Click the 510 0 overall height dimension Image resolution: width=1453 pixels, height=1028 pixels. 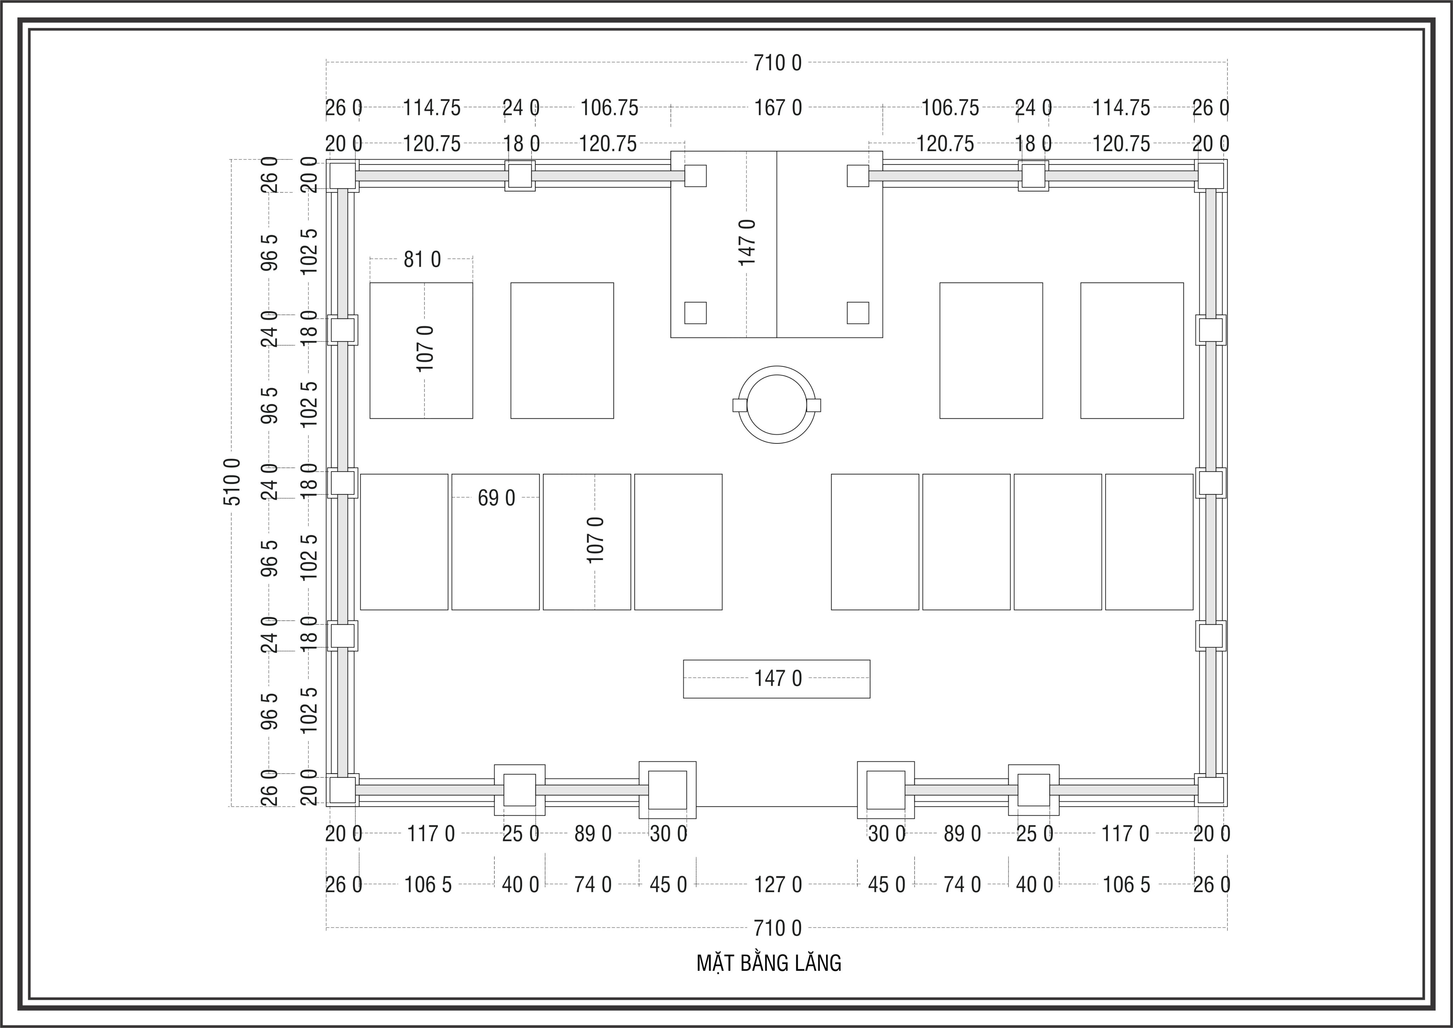[232, 482]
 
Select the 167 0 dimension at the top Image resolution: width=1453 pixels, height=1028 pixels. [778, 107]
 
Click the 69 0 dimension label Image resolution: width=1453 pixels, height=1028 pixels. [496, 498]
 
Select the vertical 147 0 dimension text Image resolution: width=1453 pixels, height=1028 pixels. [747, 242]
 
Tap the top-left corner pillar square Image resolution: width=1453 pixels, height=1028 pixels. [342, 175]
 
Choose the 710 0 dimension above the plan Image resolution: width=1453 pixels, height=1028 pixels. [777, 63]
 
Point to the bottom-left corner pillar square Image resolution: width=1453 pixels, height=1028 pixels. [342, 789]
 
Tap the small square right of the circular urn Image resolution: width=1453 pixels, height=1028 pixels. [814, 405]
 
